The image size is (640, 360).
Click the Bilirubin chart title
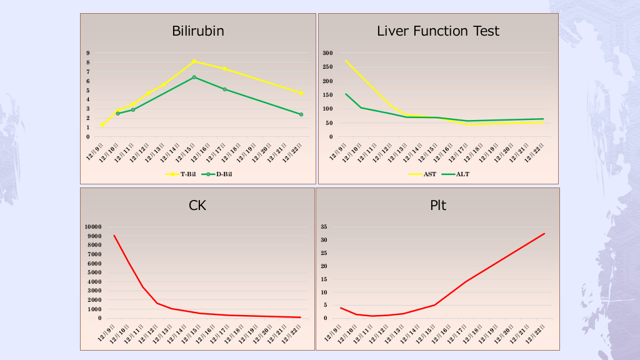point(198,31)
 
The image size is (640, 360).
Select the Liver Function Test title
point(438,31)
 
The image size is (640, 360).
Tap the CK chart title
point(197,205)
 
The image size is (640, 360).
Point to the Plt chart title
point(438,205)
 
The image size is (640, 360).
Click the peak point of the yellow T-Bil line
point(194,61)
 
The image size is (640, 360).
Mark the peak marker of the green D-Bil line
point(194,77)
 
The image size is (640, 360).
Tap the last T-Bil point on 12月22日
point(301,93)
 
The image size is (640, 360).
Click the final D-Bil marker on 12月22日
point(301,114)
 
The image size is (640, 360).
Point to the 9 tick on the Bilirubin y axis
point(88,53)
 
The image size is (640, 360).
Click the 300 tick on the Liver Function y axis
point(327,53)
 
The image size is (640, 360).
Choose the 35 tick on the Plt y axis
point(324,227)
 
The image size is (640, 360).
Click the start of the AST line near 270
point(346,61)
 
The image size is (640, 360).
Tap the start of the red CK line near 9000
point(114,236)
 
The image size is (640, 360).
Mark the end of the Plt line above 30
point(544,234)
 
